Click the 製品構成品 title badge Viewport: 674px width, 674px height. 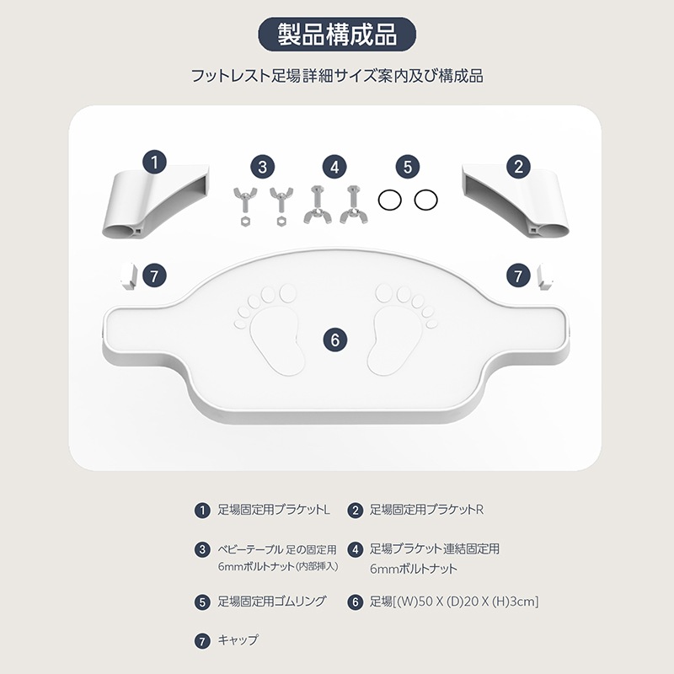click(336, 35)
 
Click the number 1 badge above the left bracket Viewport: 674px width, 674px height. click(155, 163)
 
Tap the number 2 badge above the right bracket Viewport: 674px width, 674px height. click(519, 166)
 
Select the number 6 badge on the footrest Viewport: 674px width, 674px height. click(334, 340)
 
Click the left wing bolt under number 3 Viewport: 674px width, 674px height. click(244, 199)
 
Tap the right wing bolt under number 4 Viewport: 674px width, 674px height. click(353, 205)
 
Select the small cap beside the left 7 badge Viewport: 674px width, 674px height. click(129, 276)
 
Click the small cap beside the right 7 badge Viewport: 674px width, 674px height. click(545, 276)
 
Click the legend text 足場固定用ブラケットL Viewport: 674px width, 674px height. click(274, 510)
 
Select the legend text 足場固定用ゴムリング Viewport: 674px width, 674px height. click(271, 602)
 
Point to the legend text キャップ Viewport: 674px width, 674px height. click(238, 640)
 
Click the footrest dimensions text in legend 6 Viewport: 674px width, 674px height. click(454, 602)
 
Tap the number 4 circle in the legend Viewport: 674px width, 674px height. click(355, 550)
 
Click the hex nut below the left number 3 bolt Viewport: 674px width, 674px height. click(244, 222)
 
